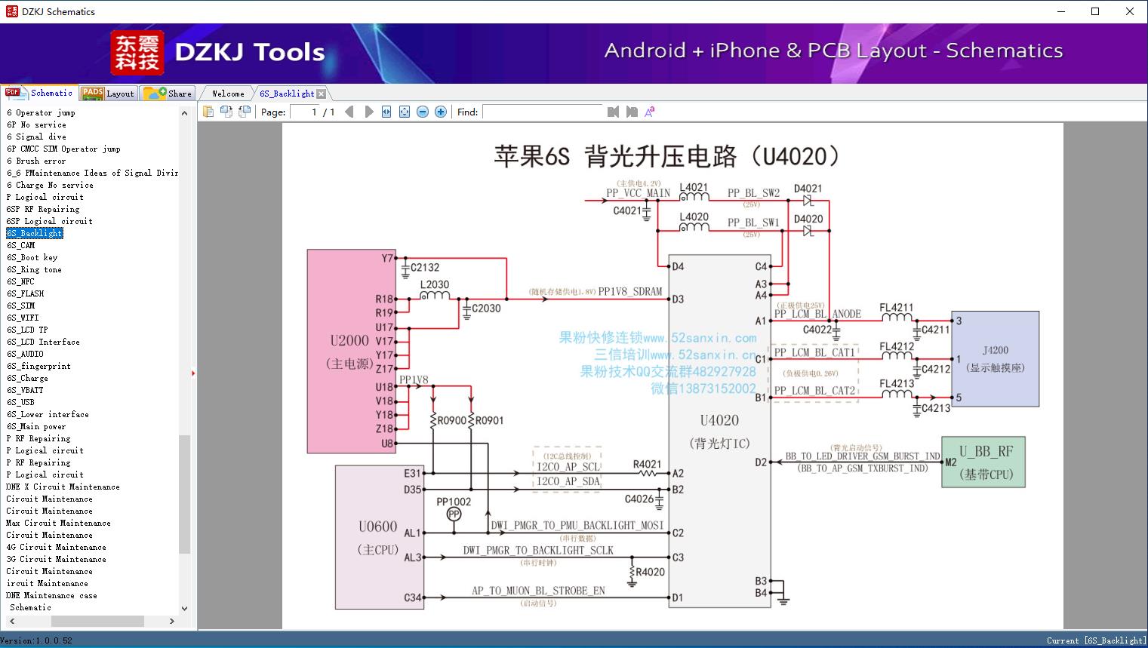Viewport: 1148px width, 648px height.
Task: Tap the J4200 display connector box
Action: point(995,358)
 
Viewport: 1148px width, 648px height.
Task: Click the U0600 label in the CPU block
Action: point(377,527)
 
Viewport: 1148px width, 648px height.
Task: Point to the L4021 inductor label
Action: point(694,188)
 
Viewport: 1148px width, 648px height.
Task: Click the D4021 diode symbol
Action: point(808,201)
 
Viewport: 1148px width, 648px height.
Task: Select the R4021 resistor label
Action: point(647,464)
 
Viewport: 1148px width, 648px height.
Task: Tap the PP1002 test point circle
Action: point(454,514)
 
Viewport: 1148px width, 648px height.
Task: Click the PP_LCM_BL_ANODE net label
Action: point(817,314)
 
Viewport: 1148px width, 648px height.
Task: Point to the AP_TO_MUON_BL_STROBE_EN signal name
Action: point(538,591)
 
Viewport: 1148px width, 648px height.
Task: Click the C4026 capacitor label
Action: point(639,499)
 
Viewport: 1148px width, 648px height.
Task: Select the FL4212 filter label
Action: point(897,346)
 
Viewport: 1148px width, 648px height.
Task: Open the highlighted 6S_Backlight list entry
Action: point(35,233)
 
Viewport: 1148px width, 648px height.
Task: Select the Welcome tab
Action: point(228,94)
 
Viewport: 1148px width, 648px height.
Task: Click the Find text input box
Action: point(543,112)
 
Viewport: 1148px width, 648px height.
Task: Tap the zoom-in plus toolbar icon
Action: point(441,112)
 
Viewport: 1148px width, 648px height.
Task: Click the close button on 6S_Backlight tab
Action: point(322,94)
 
